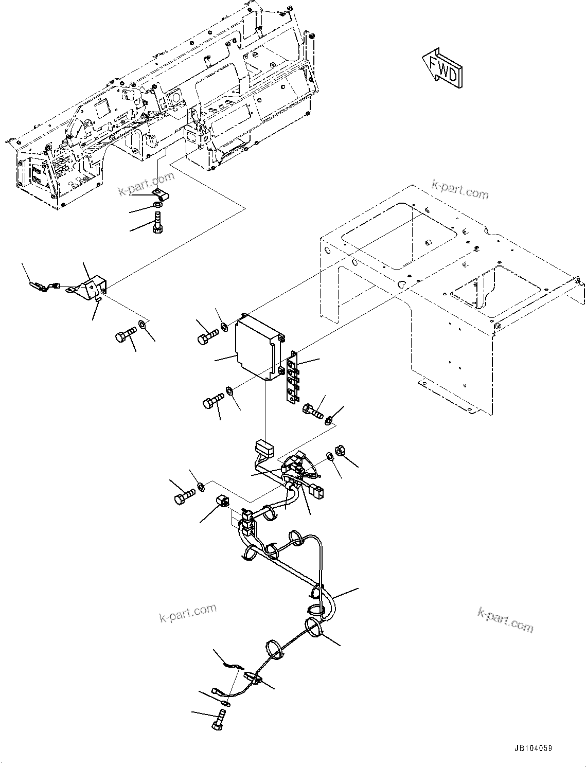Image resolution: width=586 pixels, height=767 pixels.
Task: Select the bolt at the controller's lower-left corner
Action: tap(214, 399)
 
